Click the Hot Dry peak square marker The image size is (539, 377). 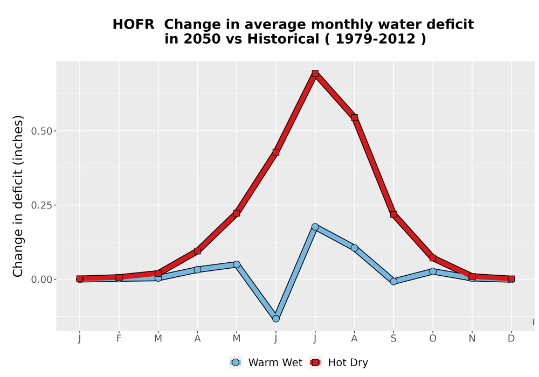[x=315, y=73]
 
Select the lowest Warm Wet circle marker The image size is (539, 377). [x=275, y=319]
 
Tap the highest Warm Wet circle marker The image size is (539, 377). [x=315, y=227]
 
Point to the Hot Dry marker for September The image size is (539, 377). [x=393, y=214]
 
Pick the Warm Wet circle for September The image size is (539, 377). [x=393, y=282]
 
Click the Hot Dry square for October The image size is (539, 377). [x=433, y=258]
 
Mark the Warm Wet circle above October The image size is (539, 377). [x=433, y=271]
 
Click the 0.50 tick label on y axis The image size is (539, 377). [x=42, y=131]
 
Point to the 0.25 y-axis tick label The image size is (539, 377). [x=42, y=205]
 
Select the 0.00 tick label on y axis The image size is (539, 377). [x=42, y=280]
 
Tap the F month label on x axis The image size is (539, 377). [x=119, y=339]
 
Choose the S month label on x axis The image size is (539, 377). [x=393, y=339]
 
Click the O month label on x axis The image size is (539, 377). [x=433, y=339]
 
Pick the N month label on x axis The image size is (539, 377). [x=472, y=339]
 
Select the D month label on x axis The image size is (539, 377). [x=511, y=339]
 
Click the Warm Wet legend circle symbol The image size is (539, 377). [x=236, y=362]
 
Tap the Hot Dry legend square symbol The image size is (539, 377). [x=315, y=362]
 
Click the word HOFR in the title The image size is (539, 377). [x=133, y=25]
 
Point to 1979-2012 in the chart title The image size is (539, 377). [x=375, y=39]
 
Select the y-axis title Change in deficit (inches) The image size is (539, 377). [x=18, y=196]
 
